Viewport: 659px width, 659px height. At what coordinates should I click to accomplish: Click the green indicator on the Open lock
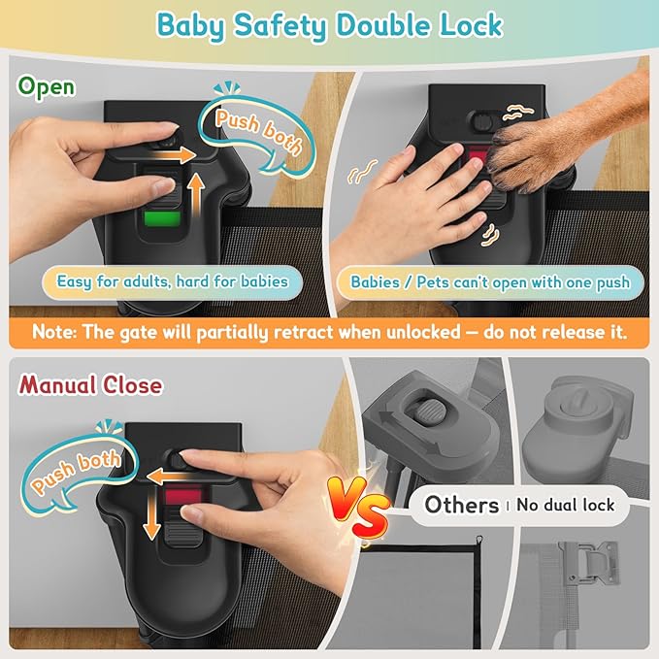[162, 219]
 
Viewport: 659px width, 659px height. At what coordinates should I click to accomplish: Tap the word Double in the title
[382, 25]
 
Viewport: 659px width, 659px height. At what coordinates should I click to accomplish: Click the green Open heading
[47, 87]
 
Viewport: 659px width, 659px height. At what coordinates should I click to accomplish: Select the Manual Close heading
[90, 384]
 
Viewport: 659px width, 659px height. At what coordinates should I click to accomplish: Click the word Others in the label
[461, 505]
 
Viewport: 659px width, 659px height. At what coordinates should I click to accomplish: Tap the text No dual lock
[565, 505]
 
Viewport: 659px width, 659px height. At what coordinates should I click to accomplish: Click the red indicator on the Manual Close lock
[183, 496]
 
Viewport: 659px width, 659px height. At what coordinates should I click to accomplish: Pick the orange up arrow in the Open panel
[195, 194]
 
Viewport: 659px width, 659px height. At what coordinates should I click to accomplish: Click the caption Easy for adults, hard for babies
[173, 281]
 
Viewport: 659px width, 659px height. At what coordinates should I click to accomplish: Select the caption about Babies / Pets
[490, 282]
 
